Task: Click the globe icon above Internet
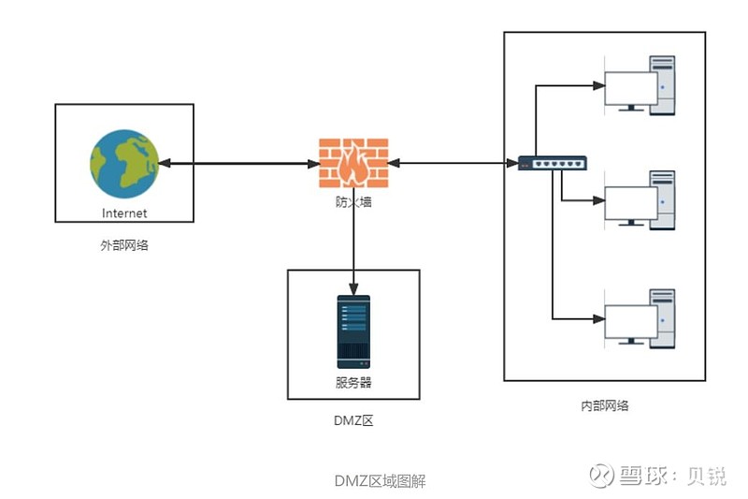(x=124, y=164)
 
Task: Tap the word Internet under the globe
(x=124, y=213)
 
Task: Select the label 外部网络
(x=124, y=245)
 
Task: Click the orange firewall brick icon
(x=353, y=163)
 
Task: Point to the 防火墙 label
(x=353, y=202)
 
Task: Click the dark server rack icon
(x=353, y=331)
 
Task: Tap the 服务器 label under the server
(x=353, y=383)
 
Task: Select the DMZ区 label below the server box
(x=353, y=420)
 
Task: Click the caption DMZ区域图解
(x=381, y=481)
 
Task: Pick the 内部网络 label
(x=605, y=406)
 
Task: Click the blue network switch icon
(x=553, y=163)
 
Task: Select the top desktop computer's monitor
(x=630, y=90)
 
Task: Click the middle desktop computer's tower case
(x=663, y=200)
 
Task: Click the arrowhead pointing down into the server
(x=353, y=289)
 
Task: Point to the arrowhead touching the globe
(x=165, y=163)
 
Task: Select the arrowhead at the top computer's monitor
(x=598, y=86)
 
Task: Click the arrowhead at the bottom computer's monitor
(x=598, y=319)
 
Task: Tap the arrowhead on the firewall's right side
(x=394, y=163)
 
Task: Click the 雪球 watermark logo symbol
(x=601, y=475)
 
